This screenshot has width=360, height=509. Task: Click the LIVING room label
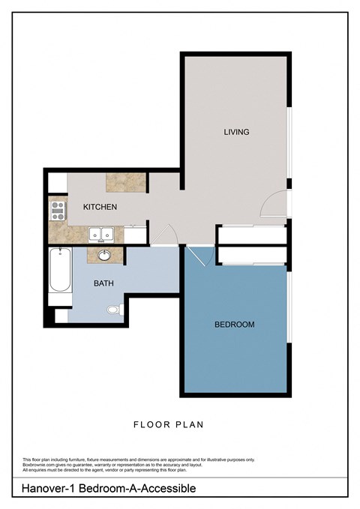[236, 132]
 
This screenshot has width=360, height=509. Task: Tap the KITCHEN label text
[99, 207]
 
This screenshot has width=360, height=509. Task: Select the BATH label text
[103, 284]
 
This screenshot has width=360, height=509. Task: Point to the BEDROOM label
[234, 325]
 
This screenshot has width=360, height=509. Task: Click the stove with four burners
[57, 209]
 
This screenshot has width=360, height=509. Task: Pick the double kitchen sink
[100, 235]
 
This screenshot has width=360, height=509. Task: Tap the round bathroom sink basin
[104, 256]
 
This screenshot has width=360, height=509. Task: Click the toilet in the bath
[113, 309]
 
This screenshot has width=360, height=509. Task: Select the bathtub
[59, 271]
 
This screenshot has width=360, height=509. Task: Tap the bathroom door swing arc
[169, 234]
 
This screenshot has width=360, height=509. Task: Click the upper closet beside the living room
[250, 234]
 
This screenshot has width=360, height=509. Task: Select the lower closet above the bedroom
[250, 255]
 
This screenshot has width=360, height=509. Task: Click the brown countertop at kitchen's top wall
[125, 181]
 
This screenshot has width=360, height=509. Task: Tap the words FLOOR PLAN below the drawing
[168, 425]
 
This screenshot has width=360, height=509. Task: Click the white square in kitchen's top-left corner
[58, 182]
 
